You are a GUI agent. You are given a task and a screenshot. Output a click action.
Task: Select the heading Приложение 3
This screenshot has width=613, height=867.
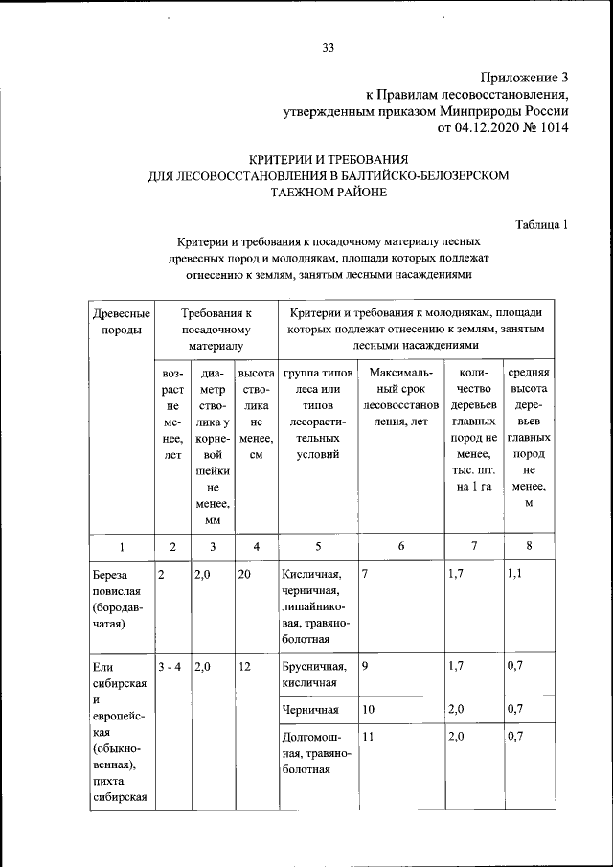pyautogui.click(x=524, y=78)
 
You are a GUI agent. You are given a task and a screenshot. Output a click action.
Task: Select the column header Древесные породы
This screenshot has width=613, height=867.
pyautogui.click(x=120, y=321)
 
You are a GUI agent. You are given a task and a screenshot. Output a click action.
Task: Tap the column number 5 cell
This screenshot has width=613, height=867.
pyautogui.click(x=318, y=547)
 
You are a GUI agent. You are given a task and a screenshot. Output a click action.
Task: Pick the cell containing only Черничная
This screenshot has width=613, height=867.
pyautogui.click(x=311, y=710)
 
